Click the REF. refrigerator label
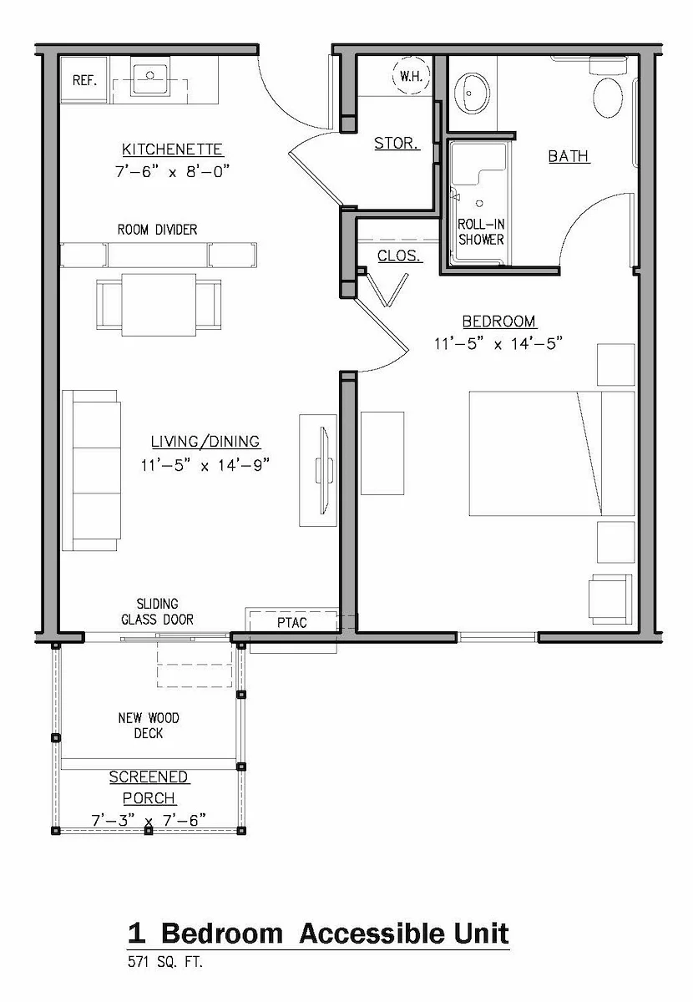tap(84, 80)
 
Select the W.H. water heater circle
tap(411, 76)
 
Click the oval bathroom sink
tap(472, 93)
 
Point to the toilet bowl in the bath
tap(608, 98)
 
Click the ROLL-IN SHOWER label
tap(482, 232)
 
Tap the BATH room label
tap(569, 156)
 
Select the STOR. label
tap(397, 143)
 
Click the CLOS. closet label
tap(399, 256)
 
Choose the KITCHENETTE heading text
tap(172, 149)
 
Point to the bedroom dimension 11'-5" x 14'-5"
tap(498, 343)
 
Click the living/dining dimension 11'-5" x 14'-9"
tap(205, 465)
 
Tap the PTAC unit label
tap(292, 623)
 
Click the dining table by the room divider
tap(159, 305)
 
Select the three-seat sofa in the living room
tap(92, 470)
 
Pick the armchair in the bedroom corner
tap(610, 600)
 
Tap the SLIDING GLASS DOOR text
tap(158, 612)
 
